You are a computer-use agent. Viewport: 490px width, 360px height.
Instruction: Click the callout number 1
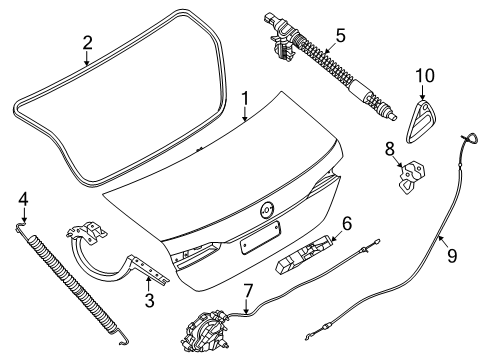245,99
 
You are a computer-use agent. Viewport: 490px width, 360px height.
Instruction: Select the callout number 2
87,43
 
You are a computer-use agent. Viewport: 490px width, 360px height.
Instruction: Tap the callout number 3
150,300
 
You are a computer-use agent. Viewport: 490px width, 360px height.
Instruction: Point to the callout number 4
23,200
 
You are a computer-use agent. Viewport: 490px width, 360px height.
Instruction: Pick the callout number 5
341,36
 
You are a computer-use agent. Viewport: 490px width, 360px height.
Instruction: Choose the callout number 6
347,224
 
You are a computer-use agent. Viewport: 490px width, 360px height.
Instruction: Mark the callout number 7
248,291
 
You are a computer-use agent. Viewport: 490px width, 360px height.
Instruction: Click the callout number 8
390,149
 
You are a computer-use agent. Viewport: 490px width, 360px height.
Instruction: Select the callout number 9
452,256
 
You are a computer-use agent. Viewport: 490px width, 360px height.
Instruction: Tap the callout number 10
425,76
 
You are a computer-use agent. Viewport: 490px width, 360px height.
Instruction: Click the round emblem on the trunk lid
267,210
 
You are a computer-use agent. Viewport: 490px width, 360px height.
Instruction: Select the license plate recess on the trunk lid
260,238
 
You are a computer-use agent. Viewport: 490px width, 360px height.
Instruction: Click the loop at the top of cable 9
471,138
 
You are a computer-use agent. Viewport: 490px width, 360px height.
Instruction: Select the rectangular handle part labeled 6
304,254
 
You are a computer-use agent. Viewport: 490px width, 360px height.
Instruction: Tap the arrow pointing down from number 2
87,58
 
